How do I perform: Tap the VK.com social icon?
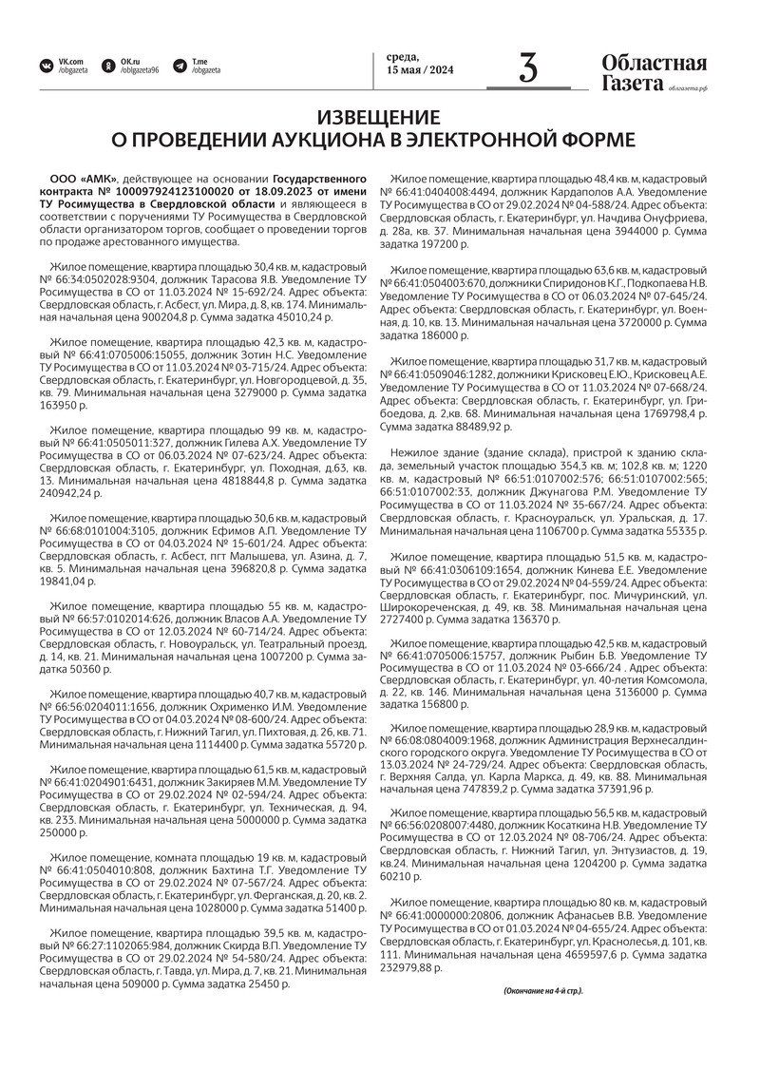click(x=46, y=66)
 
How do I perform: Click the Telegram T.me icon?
click(x=180, y=66)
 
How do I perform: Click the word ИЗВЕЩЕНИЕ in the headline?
click(x=379, y=118)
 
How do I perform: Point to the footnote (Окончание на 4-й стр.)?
click(x=542, y=991)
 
